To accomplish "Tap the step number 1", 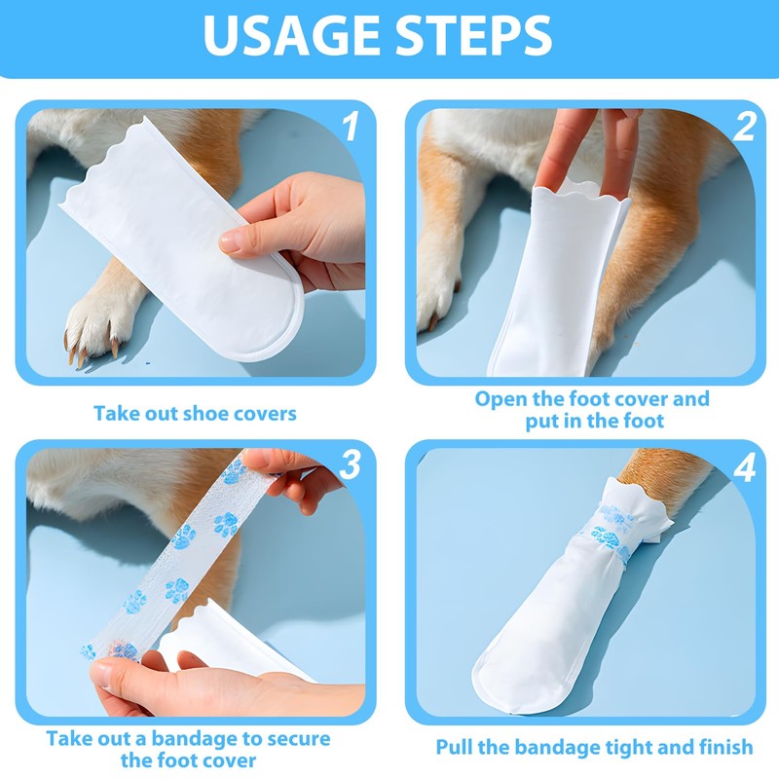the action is coord(351,126).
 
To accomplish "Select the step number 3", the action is coord(351,465).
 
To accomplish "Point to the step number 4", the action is coord(744,467).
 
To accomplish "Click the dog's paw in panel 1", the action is coord(94,325).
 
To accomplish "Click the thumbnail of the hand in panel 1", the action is coord(230,241).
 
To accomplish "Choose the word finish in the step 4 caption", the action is coord(725,747).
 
